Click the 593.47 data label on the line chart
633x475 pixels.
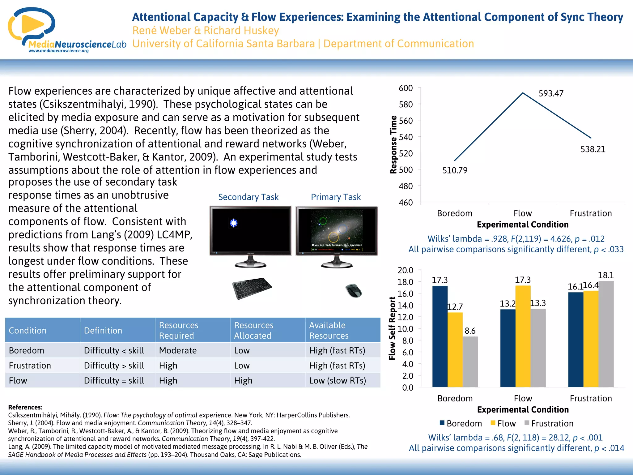(551, 93)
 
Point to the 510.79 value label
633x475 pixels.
(455, 170)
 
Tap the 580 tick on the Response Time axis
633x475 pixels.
(406, 105)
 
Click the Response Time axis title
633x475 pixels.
(393, 145)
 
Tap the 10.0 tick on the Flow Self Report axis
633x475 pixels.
(405, 329)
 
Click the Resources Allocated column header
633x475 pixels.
(253, 330)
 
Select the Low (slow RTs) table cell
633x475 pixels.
(338, 380)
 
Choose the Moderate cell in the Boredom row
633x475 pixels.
(178, 350)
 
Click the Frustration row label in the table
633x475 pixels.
(30, 366)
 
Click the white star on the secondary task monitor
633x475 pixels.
(234, 223)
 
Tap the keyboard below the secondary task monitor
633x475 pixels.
(252, 288)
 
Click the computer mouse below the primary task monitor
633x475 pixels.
(354, 290)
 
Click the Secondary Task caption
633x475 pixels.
(248, 197)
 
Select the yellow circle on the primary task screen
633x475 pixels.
(333, 237)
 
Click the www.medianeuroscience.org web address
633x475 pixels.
(58, 51)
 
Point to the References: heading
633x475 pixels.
(25, 407)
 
